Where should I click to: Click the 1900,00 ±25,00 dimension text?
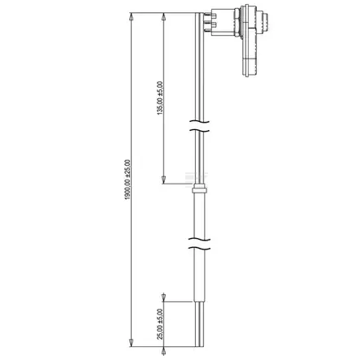(128, 180)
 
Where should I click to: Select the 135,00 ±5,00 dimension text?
(160, 98)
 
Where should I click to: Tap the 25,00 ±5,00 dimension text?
(160, 324)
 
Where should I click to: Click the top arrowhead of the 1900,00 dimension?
(131, 17)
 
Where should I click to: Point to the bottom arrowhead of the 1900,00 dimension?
(131, 343)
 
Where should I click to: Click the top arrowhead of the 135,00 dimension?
(163, 17)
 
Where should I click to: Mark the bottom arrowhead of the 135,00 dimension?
(163, 180)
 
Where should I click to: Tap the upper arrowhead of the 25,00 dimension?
(163, 297)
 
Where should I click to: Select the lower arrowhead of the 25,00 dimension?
(163, 351)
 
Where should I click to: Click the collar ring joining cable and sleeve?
(199, 189)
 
